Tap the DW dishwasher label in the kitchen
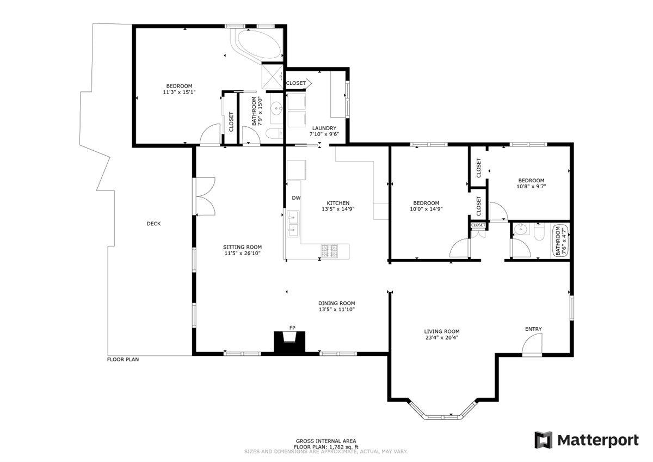[296, 198]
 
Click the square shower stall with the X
[272, 76]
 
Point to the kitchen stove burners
[329, 251]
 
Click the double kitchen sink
[293, 224]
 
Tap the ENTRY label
[533, 329]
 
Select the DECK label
[153, 224]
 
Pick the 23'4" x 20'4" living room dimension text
[442, 338]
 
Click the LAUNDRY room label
[324, 128]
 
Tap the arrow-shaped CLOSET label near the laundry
[299, 83]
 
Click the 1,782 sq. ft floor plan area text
[344, 447]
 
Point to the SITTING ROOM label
[242, 247]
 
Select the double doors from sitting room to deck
[204, 196]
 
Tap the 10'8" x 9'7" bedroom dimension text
[531, 186]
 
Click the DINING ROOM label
[337, 303]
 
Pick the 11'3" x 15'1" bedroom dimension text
[179, 92]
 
